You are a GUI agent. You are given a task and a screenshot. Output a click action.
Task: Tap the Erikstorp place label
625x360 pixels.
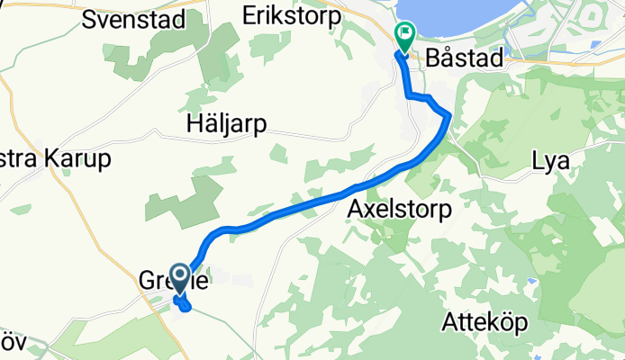[x=294, y=15]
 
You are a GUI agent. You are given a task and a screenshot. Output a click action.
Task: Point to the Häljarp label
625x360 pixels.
[x=226, y=124]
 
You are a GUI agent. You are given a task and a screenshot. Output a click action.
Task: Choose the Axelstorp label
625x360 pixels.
[x=400, y=209]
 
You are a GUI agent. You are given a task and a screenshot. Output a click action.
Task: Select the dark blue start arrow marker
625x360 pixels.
[x=180, y=278]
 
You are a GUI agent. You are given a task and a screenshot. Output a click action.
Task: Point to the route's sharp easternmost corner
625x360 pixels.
[x=448, y=114]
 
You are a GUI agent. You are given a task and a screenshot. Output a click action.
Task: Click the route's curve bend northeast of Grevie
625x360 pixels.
[x=214, y=236]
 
